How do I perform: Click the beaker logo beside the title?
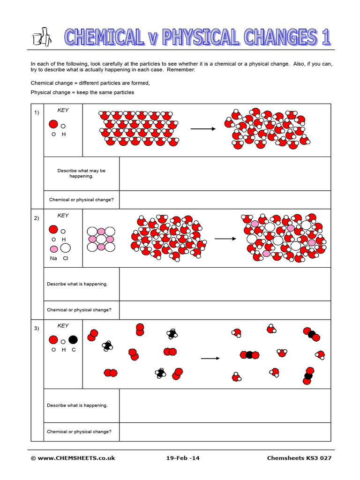point(41,37)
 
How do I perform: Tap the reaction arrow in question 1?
point(203,129)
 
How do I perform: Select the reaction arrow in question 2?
point(225,239)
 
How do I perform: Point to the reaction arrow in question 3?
point(210,359)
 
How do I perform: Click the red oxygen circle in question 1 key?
point(53,125)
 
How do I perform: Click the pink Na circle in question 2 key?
point(54,248)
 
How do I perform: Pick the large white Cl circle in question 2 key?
point(65,248)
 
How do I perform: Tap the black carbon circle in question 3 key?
point(73,340)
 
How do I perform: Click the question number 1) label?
point(37,113)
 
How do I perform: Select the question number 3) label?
point(37,328)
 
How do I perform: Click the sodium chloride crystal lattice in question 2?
point(101,239)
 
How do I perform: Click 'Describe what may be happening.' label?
point(82,173)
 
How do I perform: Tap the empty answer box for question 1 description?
point(225,173)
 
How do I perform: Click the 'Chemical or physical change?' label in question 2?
point(79,310)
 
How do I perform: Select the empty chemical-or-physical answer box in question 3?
point(225,432)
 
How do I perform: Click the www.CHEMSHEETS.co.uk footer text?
point(73,458)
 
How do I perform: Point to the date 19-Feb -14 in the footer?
point(183,458)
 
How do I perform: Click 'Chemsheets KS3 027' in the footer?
point(299,458)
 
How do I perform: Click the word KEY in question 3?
point(63,325)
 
